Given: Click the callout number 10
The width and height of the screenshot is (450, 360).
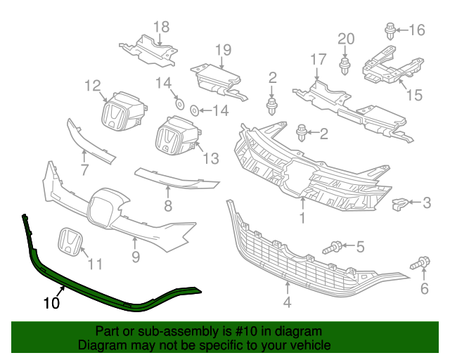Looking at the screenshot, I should (x=51, y=304).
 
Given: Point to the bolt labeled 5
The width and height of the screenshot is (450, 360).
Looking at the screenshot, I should (x=333, y=247).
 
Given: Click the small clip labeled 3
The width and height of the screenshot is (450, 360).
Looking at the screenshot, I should (x=399, y=205).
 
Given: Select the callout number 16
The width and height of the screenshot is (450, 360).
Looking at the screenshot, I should (x=417, y=30).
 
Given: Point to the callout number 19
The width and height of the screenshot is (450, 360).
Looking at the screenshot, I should (x=223, y=49).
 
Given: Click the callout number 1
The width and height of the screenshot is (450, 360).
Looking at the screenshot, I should (x=302, y=219).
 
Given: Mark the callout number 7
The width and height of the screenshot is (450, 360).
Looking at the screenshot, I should (x=84, y=170).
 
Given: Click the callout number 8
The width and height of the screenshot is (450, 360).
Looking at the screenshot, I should (x=167, y=206).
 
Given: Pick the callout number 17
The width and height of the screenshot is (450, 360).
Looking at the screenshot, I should (x=318, y=60).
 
